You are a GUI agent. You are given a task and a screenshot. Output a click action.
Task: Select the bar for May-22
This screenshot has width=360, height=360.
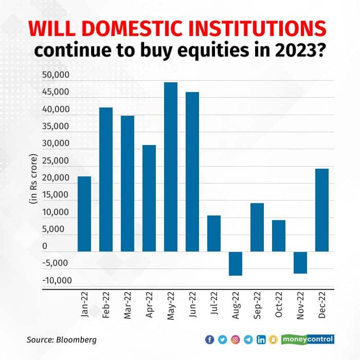tap(171, 167)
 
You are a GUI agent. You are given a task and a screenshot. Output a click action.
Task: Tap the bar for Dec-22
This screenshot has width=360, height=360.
tap(322, 210)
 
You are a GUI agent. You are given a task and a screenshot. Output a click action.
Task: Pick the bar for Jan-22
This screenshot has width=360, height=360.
tap(84, 213)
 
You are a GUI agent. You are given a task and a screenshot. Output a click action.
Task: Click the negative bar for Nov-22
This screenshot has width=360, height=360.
tap(300, 262)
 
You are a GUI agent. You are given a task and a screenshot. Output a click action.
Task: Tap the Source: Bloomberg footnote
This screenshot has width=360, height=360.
tap(61, 340)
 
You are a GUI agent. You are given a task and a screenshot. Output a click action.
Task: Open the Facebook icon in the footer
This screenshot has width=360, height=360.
tap(209, 339)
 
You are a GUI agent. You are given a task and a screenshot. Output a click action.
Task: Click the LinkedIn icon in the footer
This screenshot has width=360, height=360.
tap(261, 339)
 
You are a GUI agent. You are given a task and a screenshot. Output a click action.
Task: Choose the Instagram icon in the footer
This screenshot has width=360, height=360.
tap(236, 339)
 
